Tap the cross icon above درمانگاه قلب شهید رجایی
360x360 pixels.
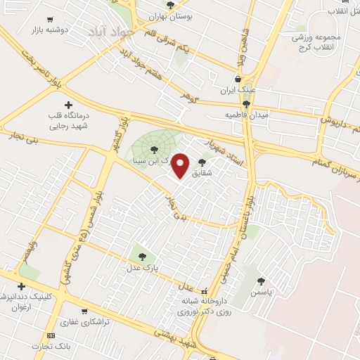click(x=68, y=105)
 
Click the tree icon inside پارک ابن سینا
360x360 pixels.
click(x=154, y=148)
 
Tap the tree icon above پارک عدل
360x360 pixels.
click(x=143, y=257)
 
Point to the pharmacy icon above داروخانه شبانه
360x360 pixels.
click(x=204, y=291)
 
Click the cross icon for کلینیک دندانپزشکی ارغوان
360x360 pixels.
click(x=21, y=286)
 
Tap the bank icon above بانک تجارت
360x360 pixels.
click(x=51, y=335)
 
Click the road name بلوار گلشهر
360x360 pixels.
click(x=115, y=135)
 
